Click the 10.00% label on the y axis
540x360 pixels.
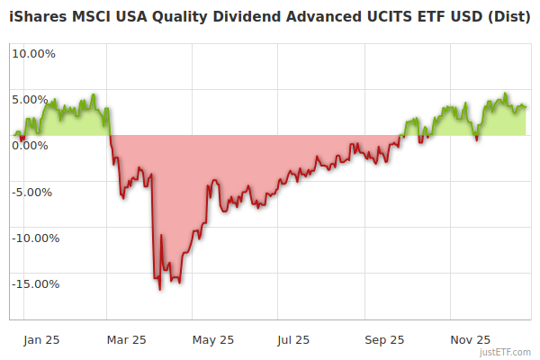pos(33,53)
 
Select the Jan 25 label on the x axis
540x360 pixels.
pos(41,339)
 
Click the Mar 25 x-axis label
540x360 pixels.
pos(126,339)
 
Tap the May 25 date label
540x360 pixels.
pos(213,339)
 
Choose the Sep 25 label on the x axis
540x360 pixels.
pos(384,339)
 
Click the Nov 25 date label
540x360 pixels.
pos(470,339)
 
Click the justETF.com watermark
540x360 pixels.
pos(505,352)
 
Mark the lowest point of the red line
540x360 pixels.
pos(160,290)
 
